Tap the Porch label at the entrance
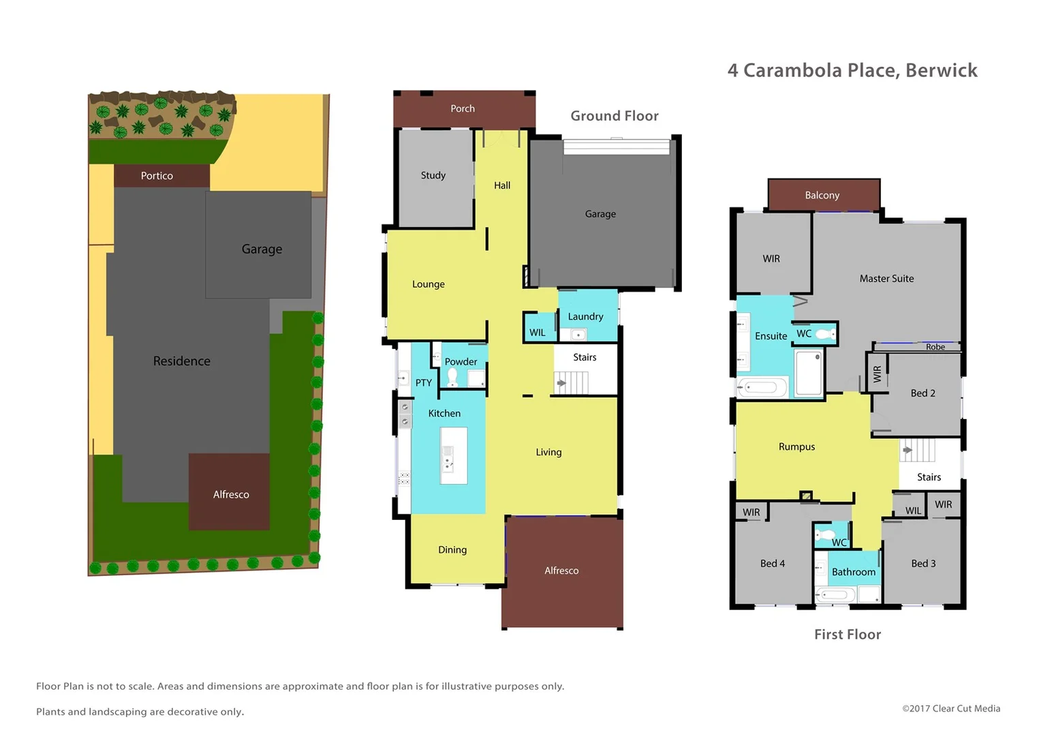tap(463, 108)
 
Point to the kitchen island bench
tap(453, 455)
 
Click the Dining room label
tap(452, 550)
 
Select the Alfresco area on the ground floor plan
tap(561, 571)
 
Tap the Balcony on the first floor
tap(822, 196)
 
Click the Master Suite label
tap(886, 279)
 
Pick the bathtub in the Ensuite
tap(761, 388)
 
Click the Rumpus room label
tap(796, 447)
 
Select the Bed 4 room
tap(773, 564)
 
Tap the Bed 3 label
tap(923, 564)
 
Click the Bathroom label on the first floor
tap(853, 572)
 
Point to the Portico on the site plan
tap(157, 176)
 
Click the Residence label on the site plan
tap(182, 361)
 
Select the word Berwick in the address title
tap(942, 70)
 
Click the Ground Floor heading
tap(615, 116)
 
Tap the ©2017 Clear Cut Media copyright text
tap(951, 709)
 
